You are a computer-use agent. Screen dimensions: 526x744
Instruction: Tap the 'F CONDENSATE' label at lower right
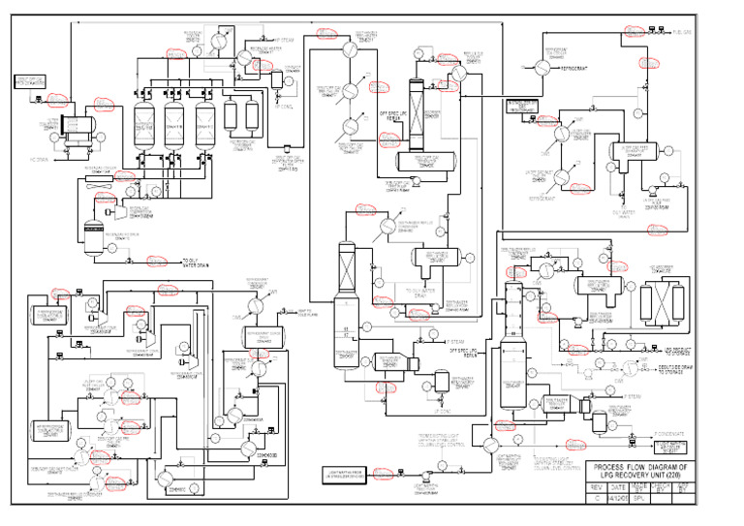click(x=667, y=433)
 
